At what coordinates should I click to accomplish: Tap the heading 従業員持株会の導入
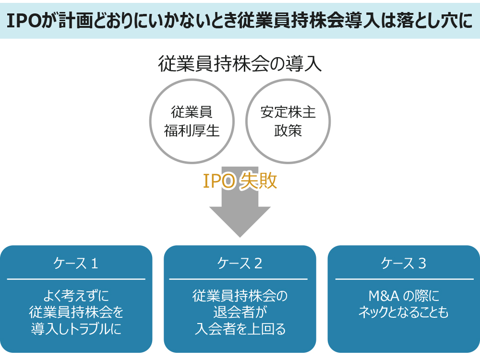[240, 64]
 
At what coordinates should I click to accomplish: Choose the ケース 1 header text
[76, 263]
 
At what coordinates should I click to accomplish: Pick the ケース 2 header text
[240, 263]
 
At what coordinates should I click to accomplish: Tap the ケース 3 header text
[404, 263]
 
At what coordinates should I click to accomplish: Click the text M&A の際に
[404, 296]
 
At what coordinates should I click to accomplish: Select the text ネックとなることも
[404, 312]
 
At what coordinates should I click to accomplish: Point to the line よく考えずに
[76, 296]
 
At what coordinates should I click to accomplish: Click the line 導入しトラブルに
[76, 329]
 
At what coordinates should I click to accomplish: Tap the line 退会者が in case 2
[240, 312]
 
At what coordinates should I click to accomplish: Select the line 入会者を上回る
[240, 329]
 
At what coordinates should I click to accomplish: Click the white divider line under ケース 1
[76, 279]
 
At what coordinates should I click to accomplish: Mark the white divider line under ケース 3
[404, 279]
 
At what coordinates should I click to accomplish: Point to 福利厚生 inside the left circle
[192, 131]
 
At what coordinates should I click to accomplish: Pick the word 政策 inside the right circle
[288, 131]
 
